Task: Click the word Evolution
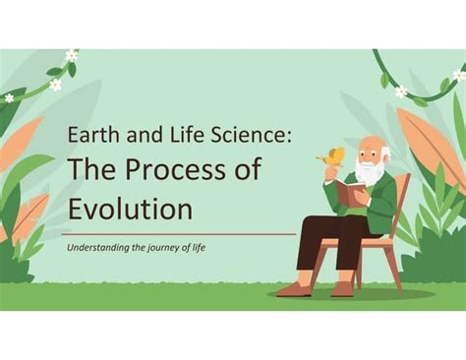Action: pyautogui.click(x=130, y=209)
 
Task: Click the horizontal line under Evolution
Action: pyautogui.click(x=177, y=234)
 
